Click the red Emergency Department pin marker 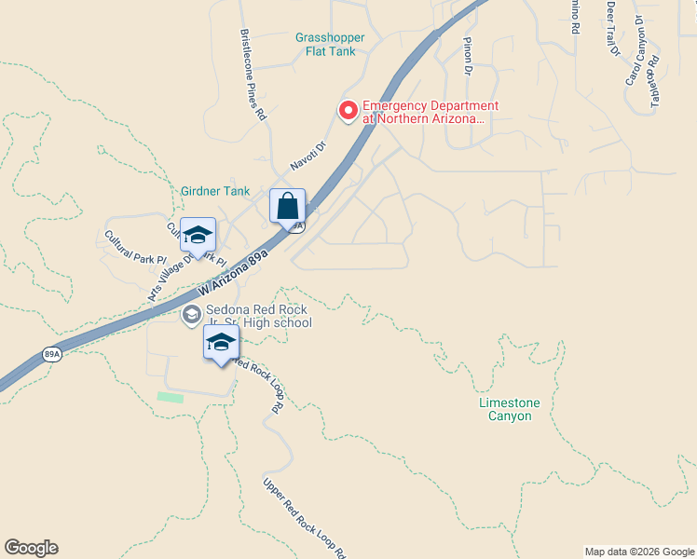348,111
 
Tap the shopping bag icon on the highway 287,206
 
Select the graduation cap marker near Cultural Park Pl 198,235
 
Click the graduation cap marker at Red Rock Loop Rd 221,343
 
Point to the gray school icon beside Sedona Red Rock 191,314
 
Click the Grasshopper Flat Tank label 330,45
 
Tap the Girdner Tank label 215,191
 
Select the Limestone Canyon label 509,409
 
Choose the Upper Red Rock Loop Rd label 305,518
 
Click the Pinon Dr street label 468,55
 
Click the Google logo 32,548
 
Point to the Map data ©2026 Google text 638,552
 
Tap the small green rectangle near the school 171,398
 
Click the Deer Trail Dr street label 612,28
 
